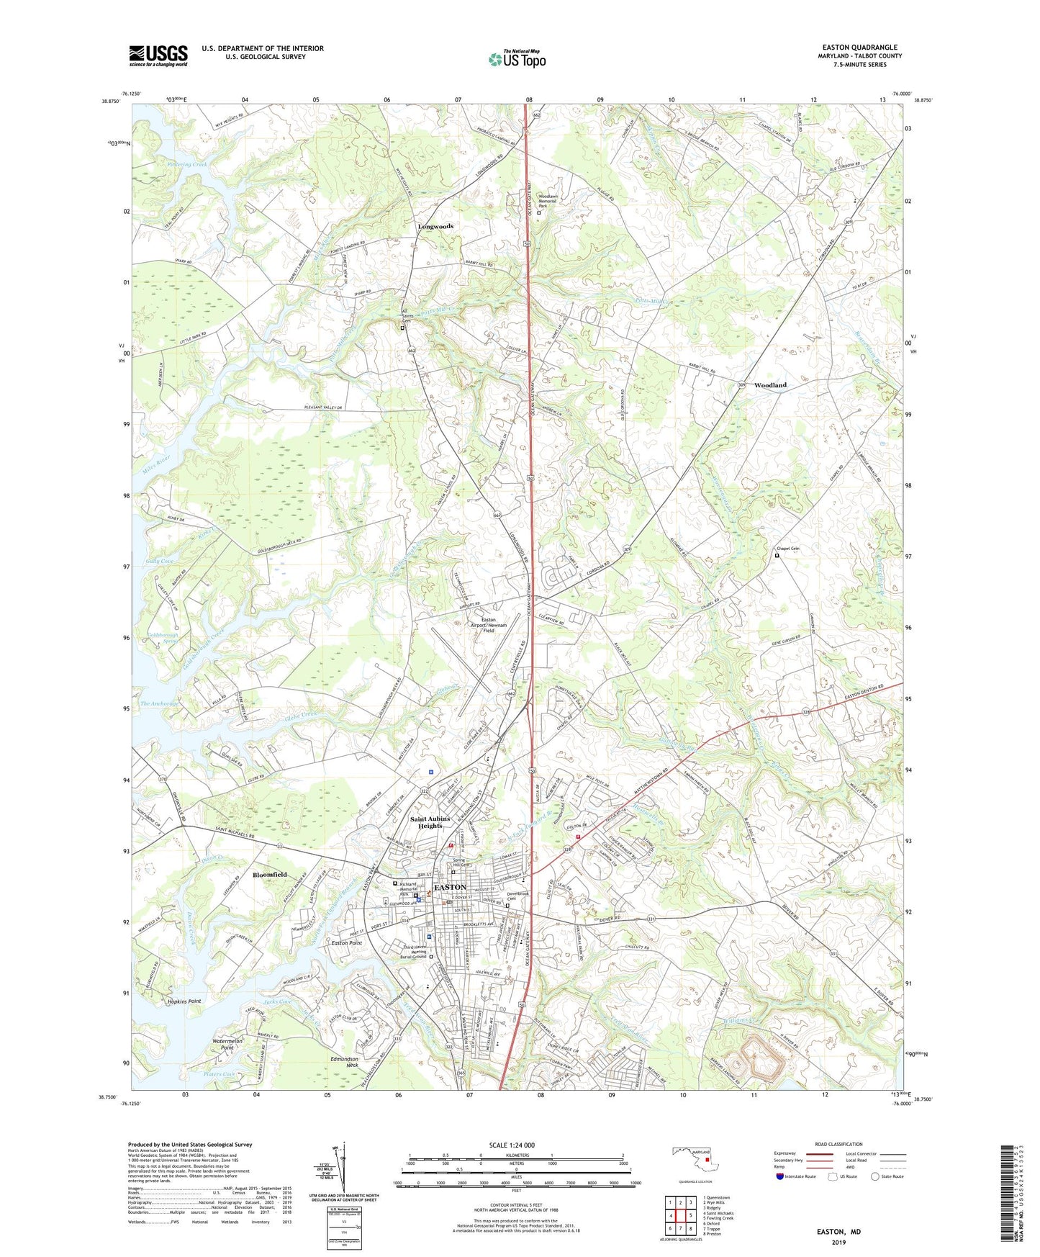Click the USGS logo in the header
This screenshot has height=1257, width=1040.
(158, 55)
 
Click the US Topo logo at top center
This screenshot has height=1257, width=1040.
(517, 59)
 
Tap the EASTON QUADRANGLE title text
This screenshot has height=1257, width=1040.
(859, 48)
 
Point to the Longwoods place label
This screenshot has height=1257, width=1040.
(435, 226)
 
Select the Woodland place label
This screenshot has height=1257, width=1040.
(770, 385)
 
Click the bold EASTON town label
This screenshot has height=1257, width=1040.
(450, 887)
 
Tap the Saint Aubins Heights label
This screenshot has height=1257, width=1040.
(430, 822)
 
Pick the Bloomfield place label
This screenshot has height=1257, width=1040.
(269, 875)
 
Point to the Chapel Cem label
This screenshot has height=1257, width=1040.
(789, 549)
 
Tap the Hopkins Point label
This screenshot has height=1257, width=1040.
(184, 1001)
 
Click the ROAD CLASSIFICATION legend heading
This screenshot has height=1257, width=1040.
(838, 1144)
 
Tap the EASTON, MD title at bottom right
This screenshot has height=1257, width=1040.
(838, 1232)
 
